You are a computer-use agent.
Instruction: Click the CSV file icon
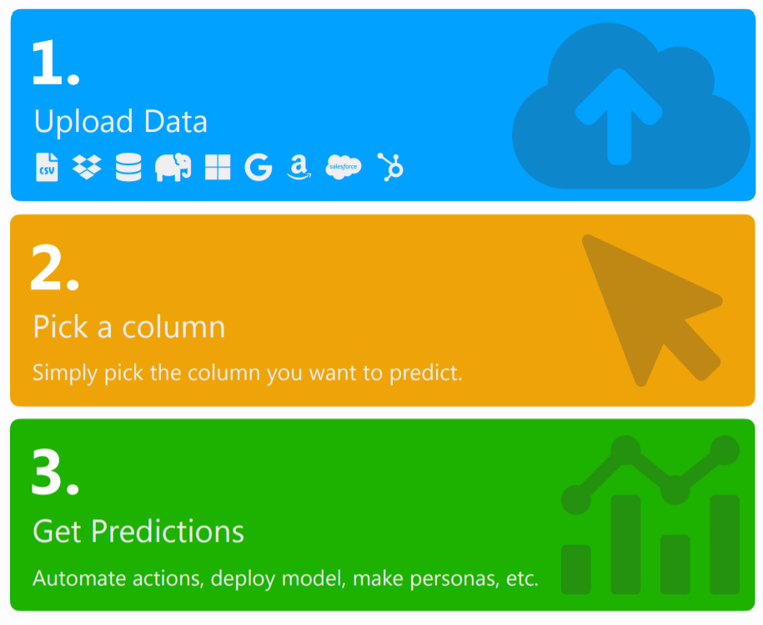47,167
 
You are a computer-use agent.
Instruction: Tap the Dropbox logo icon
87,167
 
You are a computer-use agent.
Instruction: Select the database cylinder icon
128,167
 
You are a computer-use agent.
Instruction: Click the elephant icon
173,167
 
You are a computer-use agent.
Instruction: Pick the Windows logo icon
218,167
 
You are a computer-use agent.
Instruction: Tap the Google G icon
258,167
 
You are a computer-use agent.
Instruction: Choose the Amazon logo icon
299,168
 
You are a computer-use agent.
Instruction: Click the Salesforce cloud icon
343,167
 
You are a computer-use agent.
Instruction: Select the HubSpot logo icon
390,167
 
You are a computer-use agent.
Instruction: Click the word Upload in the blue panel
83,122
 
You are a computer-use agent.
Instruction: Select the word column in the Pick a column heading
173,326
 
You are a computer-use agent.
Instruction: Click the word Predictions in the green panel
168,531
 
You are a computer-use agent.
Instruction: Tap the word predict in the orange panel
426,373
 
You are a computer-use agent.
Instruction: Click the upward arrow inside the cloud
619,116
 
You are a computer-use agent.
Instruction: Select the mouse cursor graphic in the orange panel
652,310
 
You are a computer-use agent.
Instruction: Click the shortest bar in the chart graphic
575,569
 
